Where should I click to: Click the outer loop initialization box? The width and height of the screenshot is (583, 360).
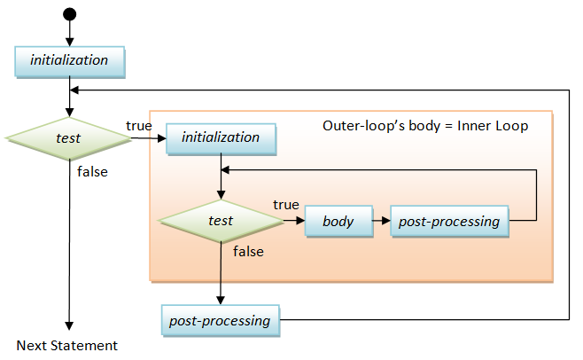click(69, 60)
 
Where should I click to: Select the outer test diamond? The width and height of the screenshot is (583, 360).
click(68, 137)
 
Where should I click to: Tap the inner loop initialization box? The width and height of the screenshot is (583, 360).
click(221, 137)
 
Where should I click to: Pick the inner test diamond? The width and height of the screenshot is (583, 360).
click(220, 221)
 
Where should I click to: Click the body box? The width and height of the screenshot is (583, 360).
click(338, 221)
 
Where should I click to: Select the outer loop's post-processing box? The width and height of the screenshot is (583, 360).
click(220, 320)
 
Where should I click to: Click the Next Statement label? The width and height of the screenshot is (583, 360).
click(67, 345)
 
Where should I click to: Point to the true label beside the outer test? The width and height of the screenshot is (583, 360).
click(139, 126)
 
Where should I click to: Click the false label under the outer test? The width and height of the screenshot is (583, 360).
click(92, 172)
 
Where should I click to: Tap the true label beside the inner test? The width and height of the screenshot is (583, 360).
click(285, 205)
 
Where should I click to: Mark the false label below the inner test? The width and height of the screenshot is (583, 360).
click(248, 252)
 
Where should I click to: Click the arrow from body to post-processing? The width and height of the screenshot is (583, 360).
click(380, 221)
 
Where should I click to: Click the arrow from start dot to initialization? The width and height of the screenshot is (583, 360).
click(69, 33)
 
